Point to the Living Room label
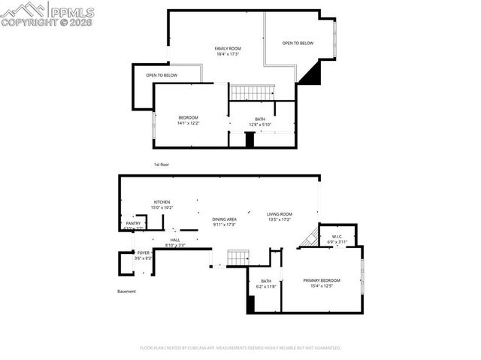(280, 217)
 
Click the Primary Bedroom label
(322, 283)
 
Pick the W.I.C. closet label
(337, 240)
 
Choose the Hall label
(174, 243)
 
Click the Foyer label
(143, 256)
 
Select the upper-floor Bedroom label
(188, 120)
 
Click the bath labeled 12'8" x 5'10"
(260, 122)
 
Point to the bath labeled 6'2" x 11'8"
(266, 284)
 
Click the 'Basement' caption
(126, 292)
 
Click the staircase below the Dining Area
(237, 258)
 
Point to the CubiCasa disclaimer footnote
(240, 348)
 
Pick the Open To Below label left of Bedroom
(162, 75)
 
